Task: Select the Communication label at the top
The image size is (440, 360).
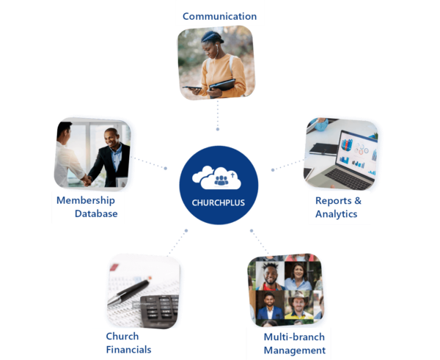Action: [219, 16]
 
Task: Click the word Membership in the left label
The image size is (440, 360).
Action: [84, 200]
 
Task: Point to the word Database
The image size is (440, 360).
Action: [95, 214]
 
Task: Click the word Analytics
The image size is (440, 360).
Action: [336, 214]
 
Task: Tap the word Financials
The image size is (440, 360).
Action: [128, 350]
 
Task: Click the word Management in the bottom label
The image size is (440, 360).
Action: [294, 350]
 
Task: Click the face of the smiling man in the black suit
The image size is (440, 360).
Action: [111, 137]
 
